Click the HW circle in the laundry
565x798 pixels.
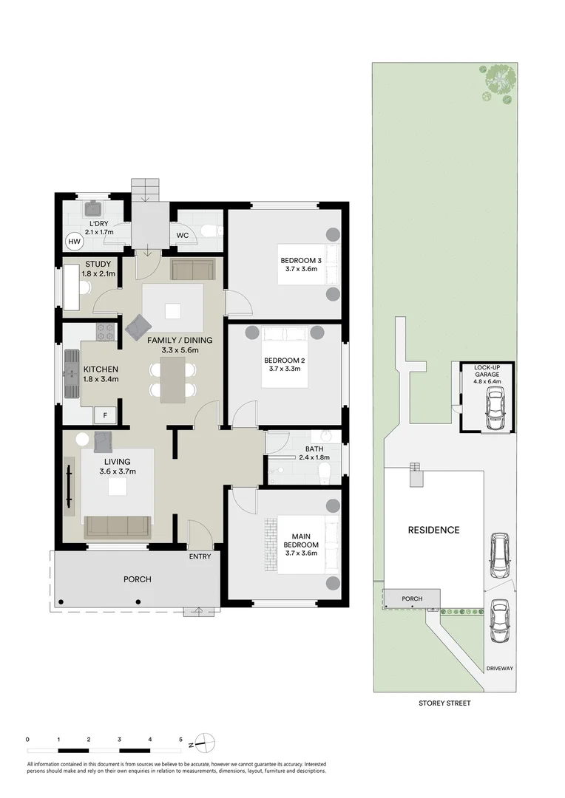[x=74, y=241]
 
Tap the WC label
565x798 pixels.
[x=183, y=236]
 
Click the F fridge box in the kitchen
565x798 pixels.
[x=105, y=415]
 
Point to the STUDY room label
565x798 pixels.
[x=98, y=264]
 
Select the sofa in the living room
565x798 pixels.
[x=117, y=525]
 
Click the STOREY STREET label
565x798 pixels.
[x=444, y=703]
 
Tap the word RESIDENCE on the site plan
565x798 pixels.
[x=433, y=530]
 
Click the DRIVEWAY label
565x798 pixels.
[x=500, y=669]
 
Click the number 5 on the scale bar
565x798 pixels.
[x=180, y=739]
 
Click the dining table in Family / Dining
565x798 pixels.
[x=174, y=378]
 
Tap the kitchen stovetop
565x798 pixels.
[x=106, y=332]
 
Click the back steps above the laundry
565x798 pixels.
[x=145, y=189]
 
